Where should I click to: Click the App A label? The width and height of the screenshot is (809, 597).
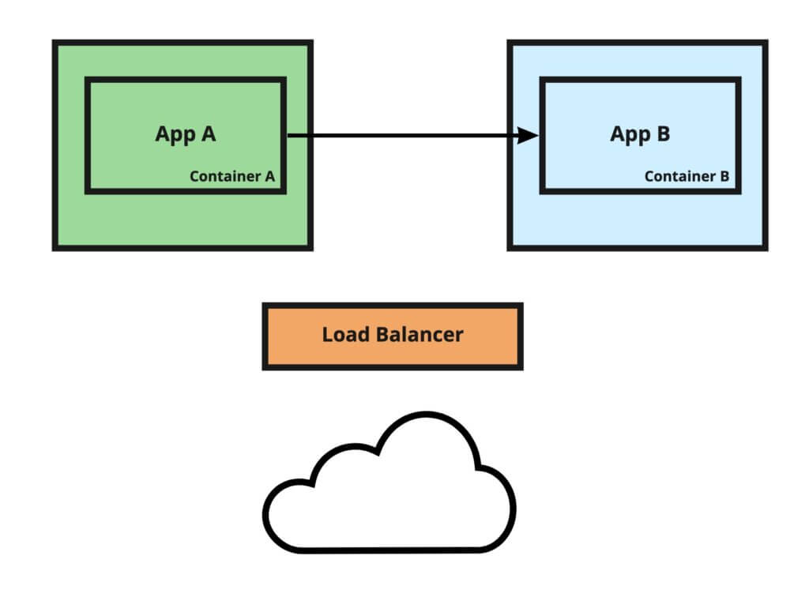coord(185,134)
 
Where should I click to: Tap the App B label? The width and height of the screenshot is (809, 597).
coord(640,134)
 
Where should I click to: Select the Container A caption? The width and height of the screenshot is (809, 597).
coord(231,176)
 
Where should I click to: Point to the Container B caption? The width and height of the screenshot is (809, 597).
coord(687,176)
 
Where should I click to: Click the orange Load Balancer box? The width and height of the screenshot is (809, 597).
coord(393,336)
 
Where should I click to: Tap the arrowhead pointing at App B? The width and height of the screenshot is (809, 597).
coord(528,136)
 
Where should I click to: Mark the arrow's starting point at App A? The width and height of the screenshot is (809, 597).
coord(289,136)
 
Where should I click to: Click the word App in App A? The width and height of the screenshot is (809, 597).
coord(173,135)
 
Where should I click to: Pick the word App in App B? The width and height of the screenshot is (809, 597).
coord(628,135)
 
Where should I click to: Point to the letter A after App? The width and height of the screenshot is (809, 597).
coord(208,133)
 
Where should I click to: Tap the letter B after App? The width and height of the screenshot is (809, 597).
coord(663,133)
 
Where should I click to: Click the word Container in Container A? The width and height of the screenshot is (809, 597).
coord(224,176)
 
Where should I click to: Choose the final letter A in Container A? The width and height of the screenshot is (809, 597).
coord(269,176)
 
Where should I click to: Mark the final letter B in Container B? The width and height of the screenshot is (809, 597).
coord(724,176)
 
